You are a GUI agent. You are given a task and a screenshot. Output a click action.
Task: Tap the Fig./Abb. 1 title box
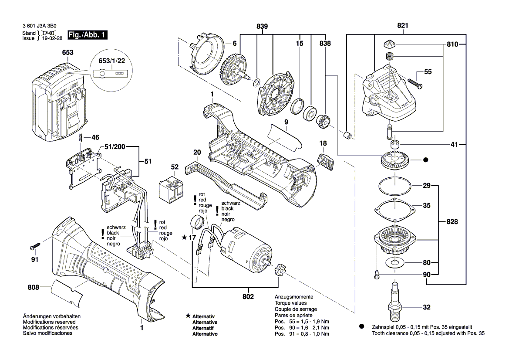[87, 35]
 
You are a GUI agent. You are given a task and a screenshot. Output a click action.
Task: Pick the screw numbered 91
[35, 247]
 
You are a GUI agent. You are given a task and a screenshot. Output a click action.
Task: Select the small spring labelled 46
[81, 138]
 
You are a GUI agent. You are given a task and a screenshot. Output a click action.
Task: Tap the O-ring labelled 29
[394, 186]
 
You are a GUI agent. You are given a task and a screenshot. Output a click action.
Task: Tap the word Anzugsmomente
[293, 296]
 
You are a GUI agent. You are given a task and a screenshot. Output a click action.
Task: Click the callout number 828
[452, 222]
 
